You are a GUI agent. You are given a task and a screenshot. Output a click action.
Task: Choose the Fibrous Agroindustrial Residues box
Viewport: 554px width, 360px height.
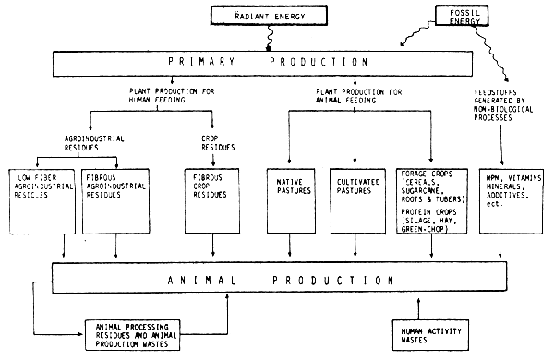pyautogui.click(x=114, y=198)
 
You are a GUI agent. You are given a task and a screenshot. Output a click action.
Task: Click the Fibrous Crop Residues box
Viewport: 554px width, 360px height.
pyautogui.click(x=213, y=198)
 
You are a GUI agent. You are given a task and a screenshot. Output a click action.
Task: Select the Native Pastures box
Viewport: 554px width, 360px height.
pyautogui.click(x=291, y=198)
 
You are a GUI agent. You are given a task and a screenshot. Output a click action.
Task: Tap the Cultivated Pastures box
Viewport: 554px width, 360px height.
pyautogui.click(x=358, y=198)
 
